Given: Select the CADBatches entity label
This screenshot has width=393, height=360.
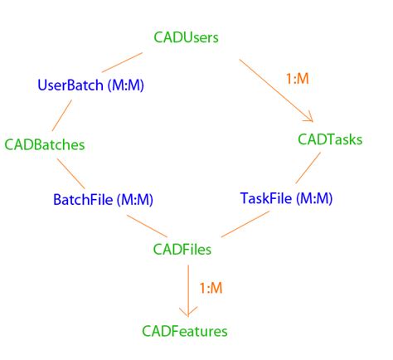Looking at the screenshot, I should (45, 144).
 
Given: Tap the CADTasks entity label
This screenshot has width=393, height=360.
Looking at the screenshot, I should (330, 139).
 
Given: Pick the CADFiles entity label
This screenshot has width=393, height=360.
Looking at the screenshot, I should (182, 248).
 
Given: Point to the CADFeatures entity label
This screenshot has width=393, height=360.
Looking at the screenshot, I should (185, 331).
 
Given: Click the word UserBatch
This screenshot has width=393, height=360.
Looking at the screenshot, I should (70, 85).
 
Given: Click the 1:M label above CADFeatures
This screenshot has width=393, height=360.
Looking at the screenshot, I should (211, 288).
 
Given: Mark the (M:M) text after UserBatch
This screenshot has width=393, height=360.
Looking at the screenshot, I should (130, 85).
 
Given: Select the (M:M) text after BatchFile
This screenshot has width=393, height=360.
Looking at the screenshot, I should (134, 199).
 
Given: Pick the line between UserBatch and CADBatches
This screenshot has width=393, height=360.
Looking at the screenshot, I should (45, 113).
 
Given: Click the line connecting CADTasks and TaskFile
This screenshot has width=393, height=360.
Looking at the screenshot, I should (308, 168).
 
